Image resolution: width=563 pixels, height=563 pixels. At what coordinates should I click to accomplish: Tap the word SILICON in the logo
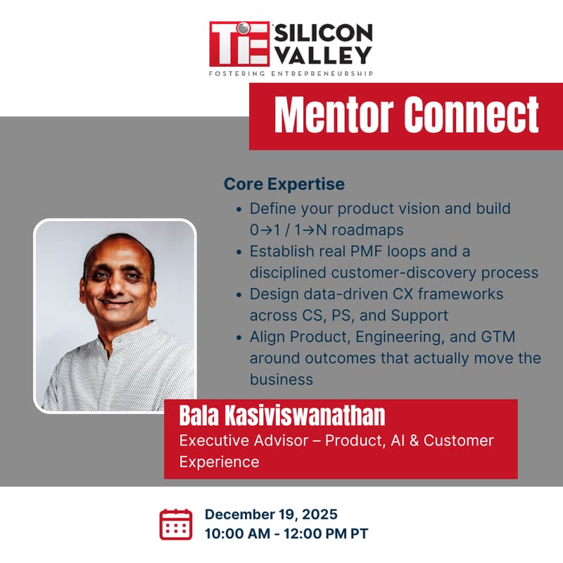[323, 33]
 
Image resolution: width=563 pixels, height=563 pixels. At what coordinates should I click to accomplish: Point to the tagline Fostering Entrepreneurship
[291, 72]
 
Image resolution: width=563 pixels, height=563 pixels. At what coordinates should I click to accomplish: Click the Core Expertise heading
[284, 184]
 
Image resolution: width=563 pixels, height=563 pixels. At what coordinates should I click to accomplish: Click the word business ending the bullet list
[281, 379]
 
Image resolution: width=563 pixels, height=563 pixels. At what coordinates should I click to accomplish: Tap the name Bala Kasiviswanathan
[282, 415]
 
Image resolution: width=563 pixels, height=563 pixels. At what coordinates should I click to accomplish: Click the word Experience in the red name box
[219, 462]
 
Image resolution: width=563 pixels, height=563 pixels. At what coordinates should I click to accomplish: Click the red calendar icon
[176, 524]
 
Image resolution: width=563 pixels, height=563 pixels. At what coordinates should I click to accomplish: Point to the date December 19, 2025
[271, 514]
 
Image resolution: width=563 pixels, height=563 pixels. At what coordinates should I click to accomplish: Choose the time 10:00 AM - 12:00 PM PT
[286, 533]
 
